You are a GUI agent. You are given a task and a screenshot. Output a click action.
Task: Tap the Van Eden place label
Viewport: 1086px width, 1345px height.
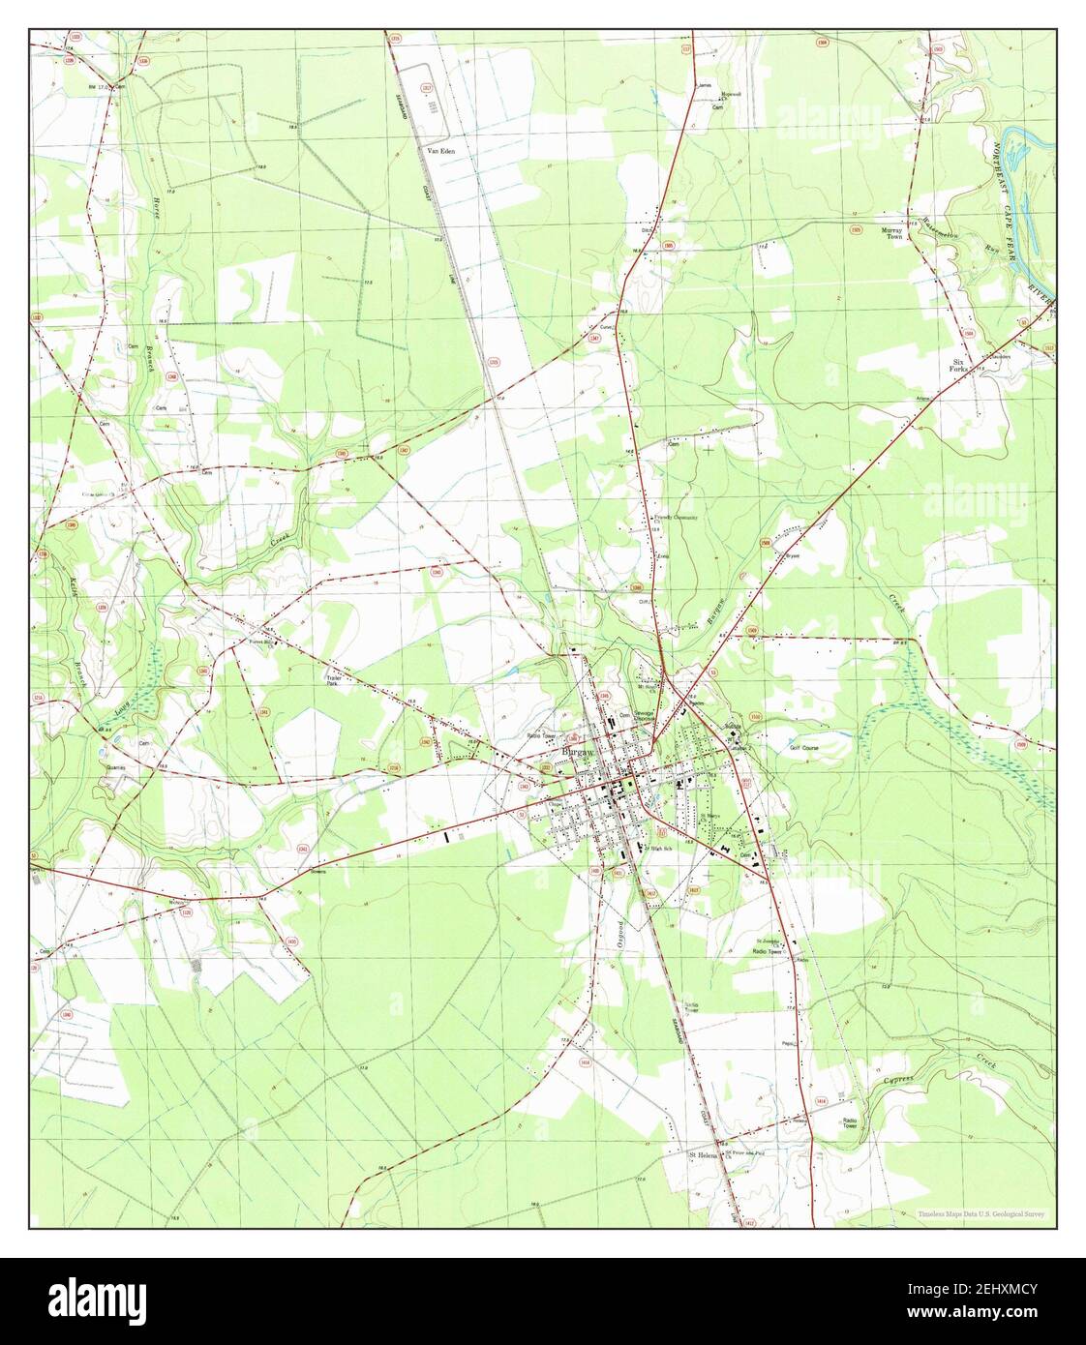(441, 152)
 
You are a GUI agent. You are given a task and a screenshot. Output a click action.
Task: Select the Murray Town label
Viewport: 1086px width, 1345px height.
(890, 232)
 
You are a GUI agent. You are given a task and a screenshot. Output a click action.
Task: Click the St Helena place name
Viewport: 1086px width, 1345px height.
(706, 1154)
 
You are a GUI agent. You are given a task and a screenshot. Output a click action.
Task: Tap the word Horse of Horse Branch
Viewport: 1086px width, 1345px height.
(156, 197)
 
